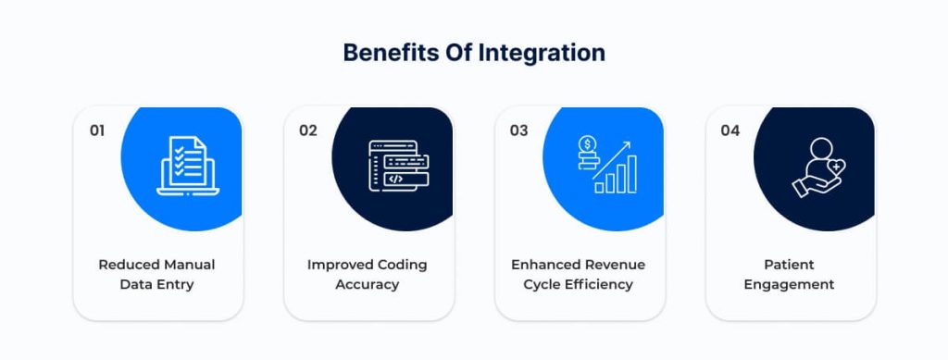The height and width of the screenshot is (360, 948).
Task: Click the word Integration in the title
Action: [x=542, y=53]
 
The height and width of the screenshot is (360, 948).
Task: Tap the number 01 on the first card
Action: [x=97, y=130]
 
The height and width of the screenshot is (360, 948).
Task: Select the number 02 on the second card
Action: [x=307, y=130]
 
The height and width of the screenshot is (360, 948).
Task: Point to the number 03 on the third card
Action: [x=518, y=130]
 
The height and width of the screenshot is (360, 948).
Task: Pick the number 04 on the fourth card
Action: [x=730, y=130]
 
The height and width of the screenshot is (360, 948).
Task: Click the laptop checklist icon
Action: [x=187, y=166]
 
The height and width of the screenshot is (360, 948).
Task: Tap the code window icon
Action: [x=398, y=166]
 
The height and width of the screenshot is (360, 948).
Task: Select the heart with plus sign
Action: [x=835, y=166]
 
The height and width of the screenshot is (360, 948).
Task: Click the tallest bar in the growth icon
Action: [x=631, y=174]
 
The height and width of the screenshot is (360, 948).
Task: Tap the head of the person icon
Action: [x=821, y=149]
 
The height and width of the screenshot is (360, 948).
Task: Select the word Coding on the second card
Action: [x=402, y=265]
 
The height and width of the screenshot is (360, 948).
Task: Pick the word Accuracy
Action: [x=367, y=284]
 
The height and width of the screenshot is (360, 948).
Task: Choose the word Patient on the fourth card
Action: [x=789, y=265]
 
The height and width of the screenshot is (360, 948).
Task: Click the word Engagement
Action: [x=789, y=284]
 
